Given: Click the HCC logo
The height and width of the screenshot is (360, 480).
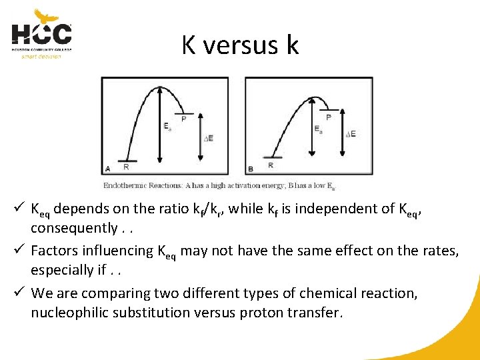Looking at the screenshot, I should point(41,34).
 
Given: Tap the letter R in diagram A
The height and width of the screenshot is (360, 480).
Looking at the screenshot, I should point(126,167).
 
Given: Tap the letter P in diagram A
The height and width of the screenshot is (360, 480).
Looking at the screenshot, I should point(184,119).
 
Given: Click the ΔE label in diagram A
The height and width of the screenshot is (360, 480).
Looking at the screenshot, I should point(209,138).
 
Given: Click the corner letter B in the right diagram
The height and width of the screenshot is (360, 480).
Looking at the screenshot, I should point(251,168).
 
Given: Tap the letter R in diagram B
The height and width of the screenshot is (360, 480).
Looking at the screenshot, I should point(270,165).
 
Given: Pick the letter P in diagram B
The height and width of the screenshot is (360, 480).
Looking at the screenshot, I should point(328,117).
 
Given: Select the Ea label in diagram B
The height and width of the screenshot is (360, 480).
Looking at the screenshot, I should point(319,129).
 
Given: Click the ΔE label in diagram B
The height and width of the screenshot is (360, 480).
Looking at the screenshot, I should point(351,134).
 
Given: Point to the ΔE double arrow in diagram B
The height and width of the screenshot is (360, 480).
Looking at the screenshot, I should point(341,133).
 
